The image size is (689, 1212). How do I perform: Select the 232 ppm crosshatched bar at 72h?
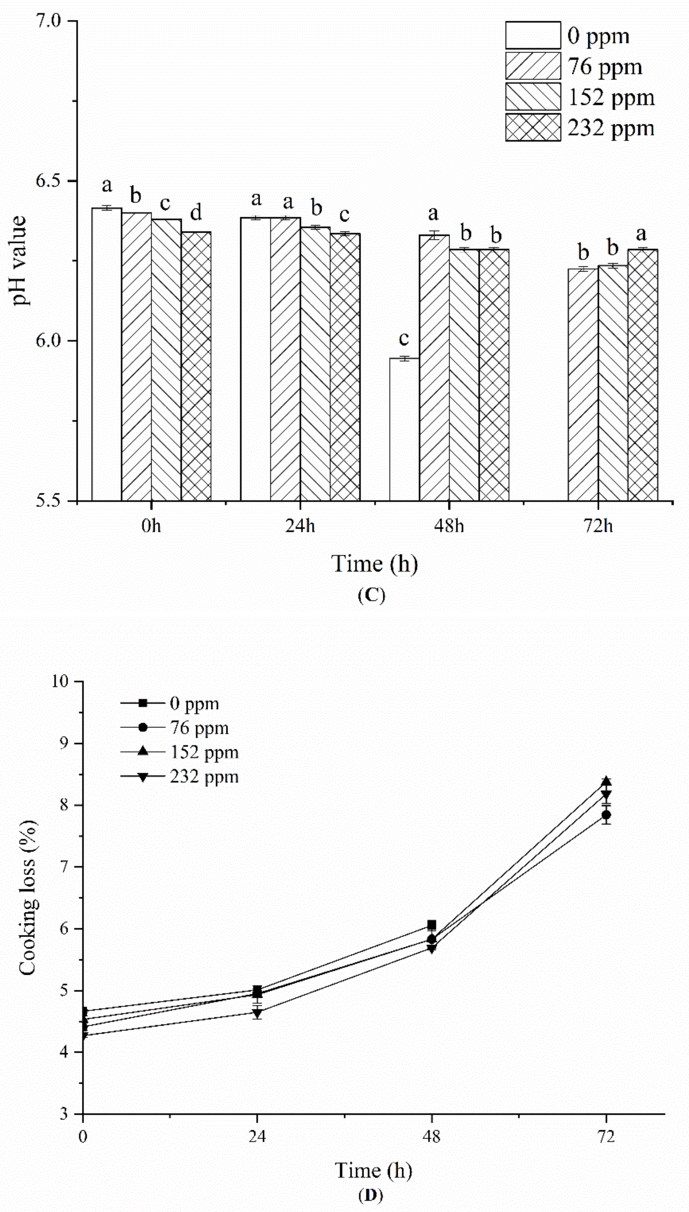click(x=643, y=375)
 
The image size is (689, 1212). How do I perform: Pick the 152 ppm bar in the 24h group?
click(x=315, y=363)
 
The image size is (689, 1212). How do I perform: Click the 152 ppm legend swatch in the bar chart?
click(x=533, y=97)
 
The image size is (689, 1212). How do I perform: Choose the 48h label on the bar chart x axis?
click(x=449, y=525)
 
